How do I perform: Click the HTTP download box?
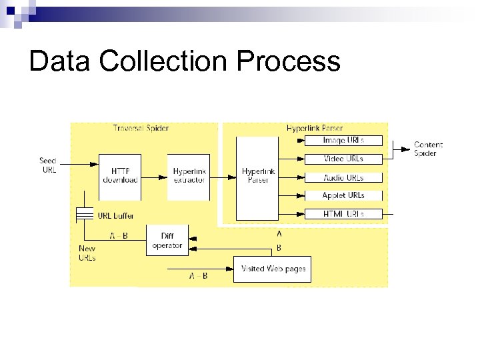120,176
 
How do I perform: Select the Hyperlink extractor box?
189,176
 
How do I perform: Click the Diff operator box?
167,241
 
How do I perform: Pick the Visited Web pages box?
272,269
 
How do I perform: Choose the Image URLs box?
343,141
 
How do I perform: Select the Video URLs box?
343,159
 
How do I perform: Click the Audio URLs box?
343,177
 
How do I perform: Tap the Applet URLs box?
343,195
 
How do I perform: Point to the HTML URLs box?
343,213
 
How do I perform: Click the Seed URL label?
48,165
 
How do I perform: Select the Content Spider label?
427,149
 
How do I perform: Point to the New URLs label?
87,253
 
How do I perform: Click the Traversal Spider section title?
141,128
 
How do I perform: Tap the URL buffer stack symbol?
84,215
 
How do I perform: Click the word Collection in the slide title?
155,61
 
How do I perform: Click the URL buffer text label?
117,215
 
